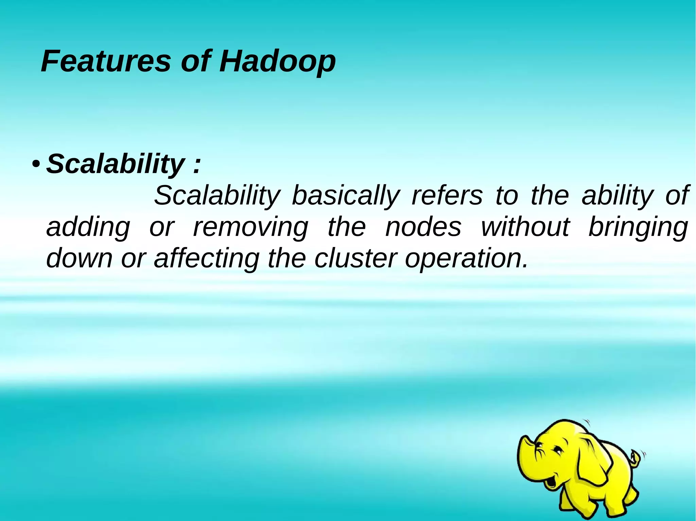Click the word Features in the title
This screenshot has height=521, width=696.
pos(105,61)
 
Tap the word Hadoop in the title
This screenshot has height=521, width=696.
pos(277,62)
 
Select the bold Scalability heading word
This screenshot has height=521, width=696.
pos(115,164)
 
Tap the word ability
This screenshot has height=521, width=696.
pos(617,196)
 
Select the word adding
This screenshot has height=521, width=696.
pos(88,228)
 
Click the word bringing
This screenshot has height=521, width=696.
pos(638,228)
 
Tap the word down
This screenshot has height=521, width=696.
pos(79,258)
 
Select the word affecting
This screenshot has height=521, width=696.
pos(207,259)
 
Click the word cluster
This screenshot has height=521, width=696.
pos(355,258)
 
